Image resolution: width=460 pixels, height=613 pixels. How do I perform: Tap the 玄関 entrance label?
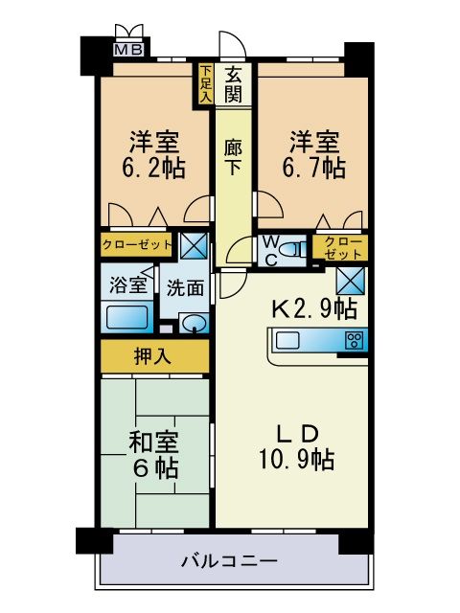click(234, 83)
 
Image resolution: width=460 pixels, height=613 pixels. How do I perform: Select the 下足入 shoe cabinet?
click(206, 83)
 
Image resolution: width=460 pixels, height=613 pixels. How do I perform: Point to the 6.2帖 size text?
click(153, 168)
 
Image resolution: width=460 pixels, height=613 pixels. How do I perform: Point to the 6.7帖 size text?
click(313, 168)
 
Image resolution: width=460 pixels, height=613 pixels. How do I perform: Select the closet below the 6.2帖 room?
click(138, 245)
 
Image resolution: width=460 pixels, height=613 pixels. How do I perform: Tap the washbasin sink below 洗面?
click(194, 323)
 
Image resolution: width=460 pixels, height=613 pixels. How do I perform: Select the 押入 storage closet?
click(153, 357)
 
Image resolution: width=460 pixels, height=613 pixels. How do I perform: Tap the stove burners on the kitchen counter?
click(356, 340)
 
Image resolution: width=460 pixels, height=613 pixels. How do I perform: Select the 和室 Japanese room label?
click(153, 442)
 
